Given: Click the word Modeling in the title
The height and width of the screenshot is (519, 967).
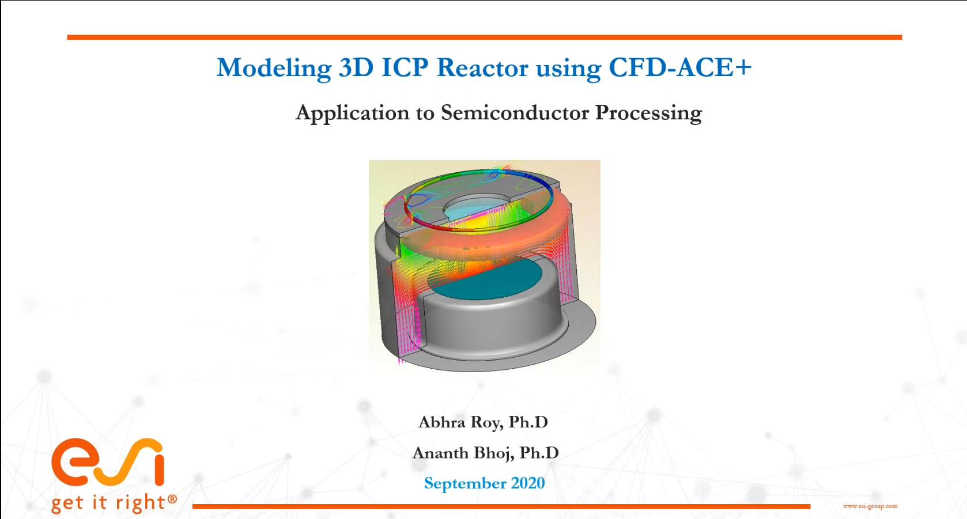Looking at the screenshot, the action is (x=274, y=68).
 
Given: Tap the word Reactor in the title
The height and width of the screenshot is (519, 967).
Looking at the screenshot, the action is (x=482, y=67).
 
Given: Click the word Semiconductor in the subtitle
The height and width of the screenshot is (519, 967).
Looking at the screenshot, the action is (x=515, y=112).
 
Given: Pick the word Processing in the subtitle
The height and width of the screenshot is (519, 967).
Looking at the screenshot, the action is (x=648, y=113).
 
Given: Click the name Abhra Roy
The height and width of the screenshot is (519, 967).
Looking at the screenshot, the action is (x=460, y=422).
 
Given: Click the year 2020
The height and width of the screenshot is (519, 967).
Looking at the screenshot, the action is (x=528, y=483).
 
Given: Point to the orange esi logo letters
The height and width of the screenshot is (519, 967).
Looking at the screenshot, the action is (x=108, y=462).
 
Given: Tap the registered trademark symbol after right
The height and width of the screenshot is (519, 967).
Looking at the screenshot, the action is (x=172, y=499).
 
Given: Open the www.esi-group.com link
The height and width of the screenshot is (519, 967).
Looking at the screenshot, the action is (x=870, y=506).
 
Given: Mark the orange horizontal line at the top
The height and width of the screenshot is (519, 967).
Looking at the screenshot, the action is (x=484, y=37).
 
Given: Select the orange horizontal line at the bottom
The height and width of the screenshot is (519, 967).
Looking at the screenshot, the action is (x=501, y=506).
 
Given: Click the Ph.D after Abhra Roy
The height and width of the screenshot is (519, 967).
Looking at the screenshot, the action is (x=528, y=422).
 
